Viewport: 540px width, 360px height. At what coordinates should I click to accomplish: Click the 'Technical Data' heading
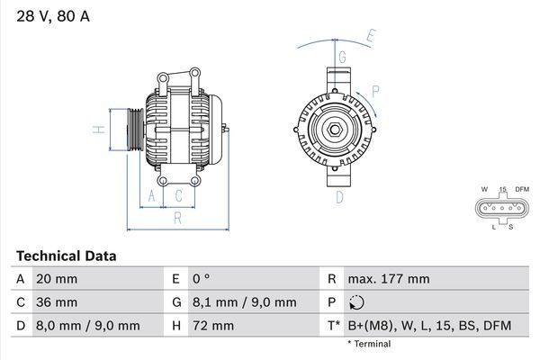(x=66, y=256)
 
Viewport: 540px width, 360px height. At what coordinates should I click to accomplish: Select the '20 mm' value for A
(x=56, y=279)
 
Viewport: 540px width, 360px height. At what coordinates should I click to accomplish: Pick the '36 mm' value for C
(x=56, y=302)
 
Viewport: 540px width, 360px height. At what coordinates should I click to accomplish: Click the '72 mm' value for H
(x=212, y=326)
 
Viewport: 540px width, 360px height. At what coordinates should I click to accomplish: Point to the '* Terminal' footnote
(x=370, y=344)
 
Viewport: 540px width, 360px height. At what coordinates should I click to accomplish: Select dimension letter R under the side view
(x=178, y=217)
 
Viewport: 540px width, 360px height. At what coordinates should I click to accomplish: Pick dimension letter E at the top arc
(x=371, y=36)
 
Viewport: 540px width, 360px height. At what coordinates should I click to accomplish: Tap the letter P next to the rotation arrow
(x=375, y=91)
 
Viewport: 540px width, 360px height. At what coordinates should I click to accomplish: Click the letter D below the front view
(x=340, y=197)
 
